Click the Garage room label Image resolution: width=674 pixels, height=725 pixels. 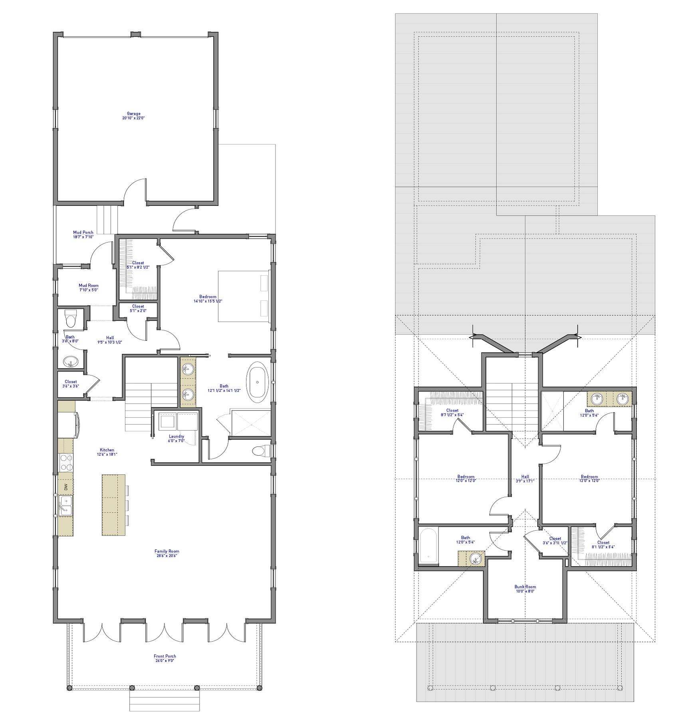coord(133,116)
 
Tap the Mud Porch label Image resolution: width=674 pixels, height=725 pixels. coord(83,235)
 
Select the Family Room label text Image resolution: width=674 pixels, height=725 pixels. coord(167,553)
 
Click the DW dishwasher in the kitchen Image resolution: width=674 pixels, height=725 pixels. coord(66,487)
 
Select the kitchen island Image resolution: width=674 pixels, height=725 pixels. coord(113,505)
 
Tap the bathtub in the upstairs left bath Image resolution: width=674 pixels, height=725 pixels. coord(428,545)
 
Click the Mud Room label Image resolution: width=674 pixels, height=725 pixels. coord(88,288)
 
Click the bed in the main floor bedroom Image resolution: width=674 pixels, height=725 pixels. coord(244,296)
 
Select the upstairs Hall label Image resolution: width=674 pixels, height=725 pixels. coord(525,478)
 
